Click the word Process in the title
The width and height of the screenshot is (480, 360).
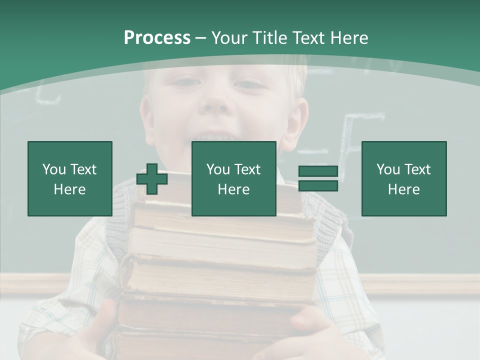click(x=157, y=38)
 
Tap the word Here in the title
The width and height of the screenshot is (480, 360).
click(x=348, y=38)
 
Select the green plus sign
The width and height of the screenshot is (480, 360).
click(x=152, y=179)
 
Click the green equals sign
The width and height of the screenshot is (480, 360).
click(x=318, y=178)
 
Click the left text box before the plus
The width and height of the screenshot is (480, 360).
click(x=69, y=178)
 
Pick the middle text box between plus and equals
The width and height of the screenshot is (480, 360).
click(x=233, y=178)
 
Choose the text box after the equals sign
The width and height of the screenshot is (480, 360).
click(x=403, y=178)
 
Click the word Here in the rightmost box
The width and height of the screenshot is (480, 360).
click(x=403, y=189)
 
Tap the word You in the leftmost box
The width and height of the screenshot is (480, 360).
click(x=54, y=169)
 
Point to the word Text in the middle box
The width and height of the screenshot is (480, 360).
click(x=247, y=169)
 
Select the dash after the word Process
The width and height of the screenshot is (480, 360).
click(x=200, y=38)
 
